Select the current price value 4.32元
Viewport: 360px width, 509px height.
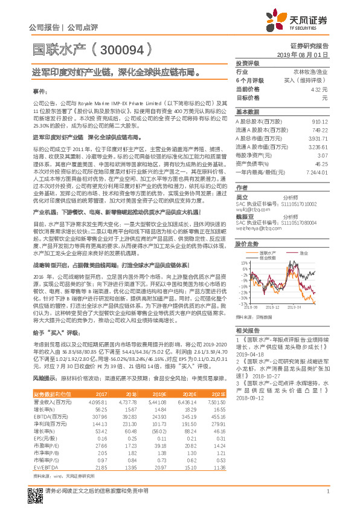320,89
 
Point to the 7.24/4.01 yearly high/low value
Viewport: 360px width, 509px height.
317,172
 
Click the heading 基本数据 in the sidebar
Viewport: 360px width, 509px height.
246,112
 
